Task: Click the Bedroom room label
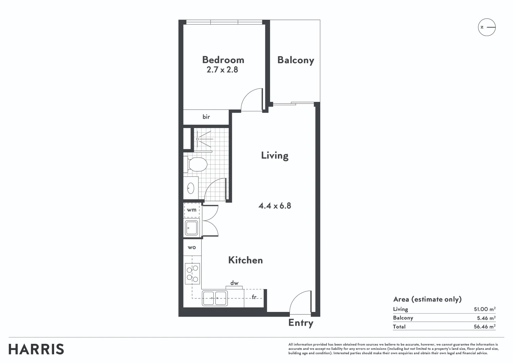[x=223, y=60]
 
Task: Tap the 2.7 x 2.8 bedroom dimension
[x=222, y=70]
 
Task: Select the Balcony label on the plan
[x=296, y=60]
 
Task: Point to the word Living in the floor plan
[x=275, y=156]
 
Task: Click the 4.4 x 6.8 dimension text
[x=274, y=206]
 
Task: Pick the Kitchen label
[x=246, y=260]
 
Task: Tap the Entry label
[x=301, y=323]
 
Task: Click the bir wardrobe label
[x=206, y=117]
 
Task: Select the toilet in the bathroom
[x=196, y=164]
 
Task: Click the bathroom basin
[x=191, y=188]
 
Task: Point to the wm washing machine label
[x=191, y=210]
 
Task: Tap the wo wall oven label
[x=192, y=247]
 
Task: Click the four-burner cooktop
[x=193, y=274]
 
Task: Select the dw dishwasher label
[x=234, y=283]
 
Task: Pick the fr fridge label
[x=254, y=297]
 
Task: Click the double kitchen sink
[x=215, y=298]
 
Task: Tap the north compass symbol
[x=487, y=27]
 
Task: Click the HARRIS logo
[x=36, y=349]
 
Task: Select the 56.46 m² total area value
[x=484, y=326]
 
